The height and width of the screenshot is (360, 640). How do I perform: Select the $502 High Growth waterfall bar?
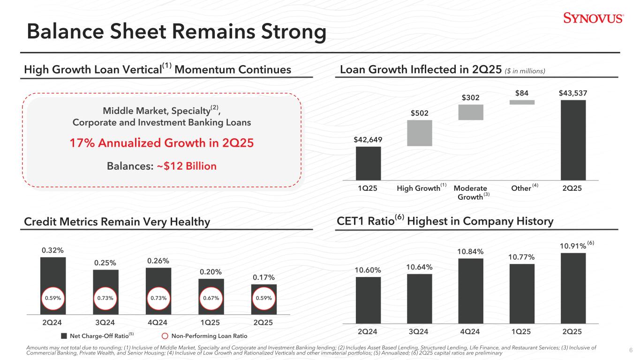(x=420, y=133)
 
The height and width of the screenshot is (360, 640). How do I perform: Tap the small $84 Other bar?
(x=522, y=102)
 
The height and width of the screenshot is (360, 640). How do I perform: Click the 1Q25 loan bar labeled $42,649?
(x=368, y=163)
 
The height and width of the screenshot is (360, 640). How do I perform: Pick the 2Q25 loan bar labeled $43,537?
(x=572, y=140)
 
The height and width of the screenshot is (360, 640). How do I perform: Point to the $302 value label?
(x=471, y=97)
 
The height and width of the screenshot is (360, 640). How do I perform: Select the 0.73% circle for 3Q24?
(x=105, y=298)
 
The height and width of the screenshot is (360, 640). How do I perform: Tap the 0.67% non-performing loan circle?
(x=211, y=298)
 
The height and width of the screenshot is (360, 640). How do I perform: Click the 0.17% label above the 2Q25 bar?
(x=264, y=277)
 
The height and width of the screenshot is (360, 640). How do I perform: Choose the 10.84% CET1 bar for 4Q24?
(x=471, y=291)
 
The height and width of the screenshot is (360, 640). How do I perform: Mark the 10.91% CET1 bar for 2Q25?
(x=573, y=288)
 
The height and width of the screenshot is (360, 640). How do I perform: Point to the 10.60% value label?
(x=368, y=270)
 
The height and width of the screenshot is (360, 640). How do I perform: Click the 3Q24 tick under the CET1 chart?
(x=419, y=331)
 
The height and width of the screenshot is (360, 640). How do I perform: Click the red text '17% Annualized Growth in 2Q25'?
(x=162, y=142)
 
